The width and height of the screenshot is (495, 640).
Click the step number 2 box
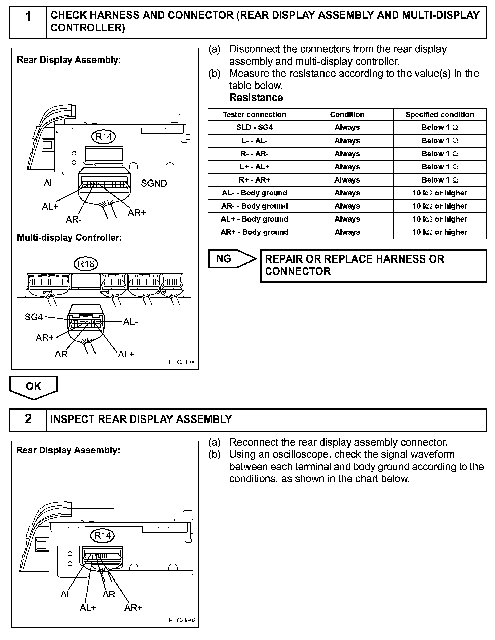28,419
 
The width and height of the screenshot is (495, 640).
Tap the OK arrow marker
34,387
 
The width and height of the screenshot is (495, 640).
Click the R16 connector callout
86,264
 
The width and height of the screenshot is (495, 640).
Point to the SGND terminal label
154,183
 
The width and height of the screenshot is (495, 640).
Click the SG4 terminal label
34,317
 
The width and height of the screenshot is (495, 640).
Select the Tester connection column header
255,114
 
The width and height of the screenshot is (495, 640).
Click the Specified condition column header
440,114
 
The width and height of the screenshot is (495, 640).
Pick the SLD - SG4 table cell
255,127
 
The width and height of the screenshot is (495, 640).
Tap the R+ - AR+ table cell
255,180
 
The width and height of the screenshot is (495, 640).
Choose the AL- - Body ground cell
255,193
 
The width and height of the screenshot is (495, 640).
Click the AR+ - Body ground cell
255,232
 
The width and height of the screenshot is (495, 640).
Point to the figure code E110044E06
182,363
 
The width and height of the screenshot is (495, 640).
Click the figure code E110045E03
182,621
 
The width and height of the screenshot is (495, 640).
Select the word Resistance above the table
256,98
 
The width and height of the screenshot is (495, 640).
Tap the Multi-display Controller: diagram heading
69,238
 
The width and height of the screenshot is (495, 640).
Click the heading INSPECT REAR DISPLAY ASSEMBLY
141,419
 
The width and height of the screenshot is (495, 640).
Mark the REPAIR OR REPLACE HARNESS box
373,265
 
